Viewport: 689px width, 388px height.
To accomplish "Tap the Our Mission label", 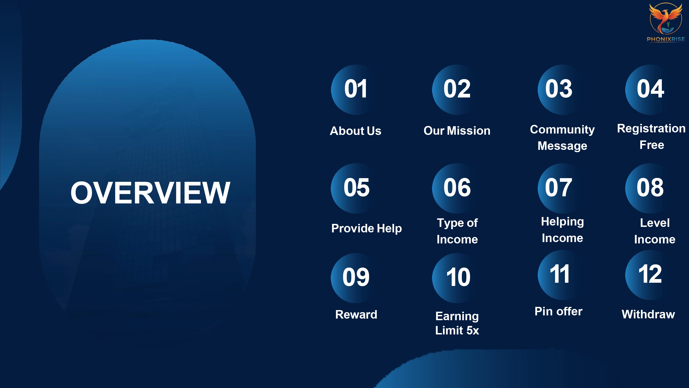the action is pyautogui.click(x=457, y=131).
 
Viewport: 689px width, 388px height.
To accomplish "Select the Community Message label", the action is pyautogui.click(x=562, y=138).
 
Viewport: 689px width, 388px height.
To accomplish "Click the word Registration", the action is pyautogui.click(x=651, y=128).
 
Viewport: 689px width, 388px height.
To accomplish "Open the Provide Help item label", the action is pyautogui.click(x=366, y=228).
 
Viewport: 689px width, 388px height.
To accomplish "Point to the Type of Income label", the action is pyautogui.click(x=457, y=231).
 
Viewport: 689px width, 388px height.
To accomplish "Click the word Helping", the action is pyautogui.click(x=562, y=222).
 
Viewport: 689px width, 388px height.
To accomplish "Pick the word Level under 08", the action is pyautogui.click(x=655, y=223).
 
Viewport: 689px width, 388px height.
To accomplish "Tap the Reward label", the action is pyautogui.click(x=356, y=314).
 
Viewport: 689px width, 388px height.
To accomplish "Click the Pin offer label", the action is pyautogui.click(x=559, y=311).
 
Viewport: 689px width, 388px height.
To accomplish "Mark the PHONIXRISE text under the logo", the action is pyautogui.click(x=666, y=39).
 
